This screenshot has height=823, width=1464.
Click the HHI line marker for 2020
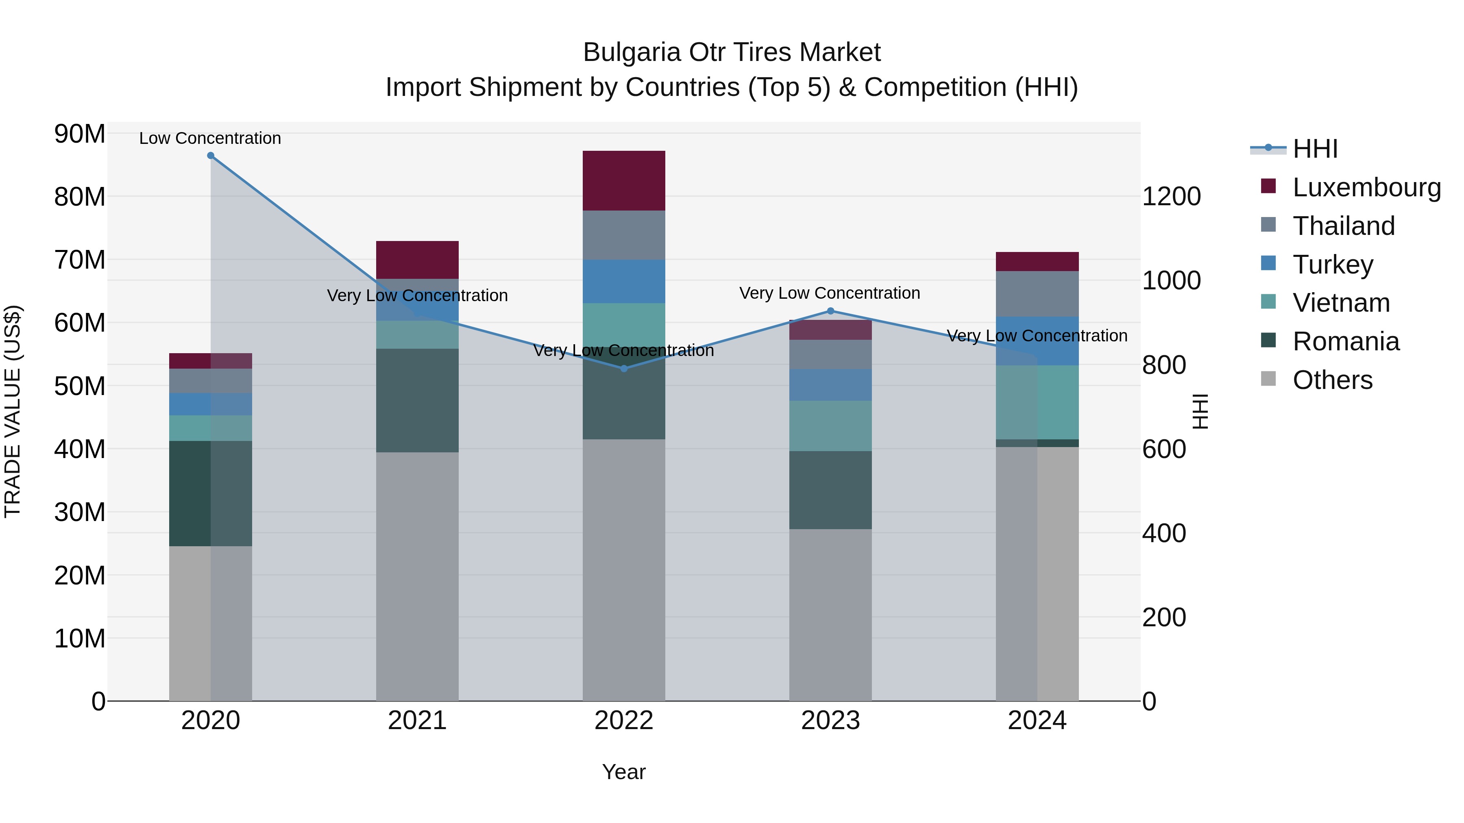[210, 156]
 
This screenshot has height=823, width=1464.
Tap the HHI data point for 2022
[623, 369]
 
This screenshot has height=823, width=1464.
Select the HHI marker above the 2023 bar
[830, 311]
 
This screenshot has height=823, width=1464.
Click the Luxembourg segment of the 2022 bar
[623, 180]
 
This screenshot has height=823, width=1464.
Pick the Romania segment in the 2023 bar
[830, 490]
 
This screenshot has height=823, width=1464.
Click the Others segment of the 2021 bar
[417, 576]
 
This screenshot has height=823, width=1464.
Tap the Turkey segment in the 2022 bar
[623, 281]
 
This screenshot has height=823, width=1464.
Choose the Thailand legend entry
[1344, 226]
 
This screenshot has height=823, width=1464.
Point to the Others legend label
[1332, 380]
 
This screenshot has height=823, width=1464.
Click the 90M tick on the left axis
[80, 135]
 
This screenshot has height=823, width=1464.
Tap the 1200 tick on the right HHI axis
[1171, 197]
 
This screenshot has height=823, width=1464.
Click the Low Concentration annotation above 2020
[210, 139]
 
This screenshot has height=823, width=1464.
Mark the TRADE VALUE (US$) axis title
[13, 411]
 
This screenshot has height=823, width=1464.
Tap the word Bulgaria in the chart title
[632, 53]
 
